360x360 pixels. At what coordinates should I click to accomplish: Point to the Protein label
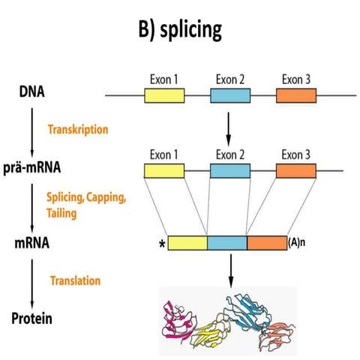(x=31, y=319)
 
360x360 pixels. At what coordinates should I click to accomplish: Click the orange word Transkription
(x=78, y=128)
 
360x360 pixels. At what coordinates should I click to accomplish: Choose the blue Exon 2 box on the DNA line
(x=229, y=95)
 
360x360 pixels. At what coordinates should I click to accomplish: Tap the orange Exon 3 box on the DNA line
(x=296, y=95)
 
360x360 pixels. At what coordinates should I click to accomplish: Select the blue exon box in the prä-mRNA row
(x=229, y=171)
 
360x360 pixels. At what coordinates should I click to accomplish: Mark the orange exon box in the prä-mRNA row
(x=296, y=171)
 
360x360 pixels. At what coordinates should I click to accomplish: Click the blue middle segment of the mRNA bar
(x=226, y=243)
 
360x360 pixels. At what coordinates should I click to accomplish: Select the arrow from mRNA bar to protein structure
(x=229, y=269)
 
